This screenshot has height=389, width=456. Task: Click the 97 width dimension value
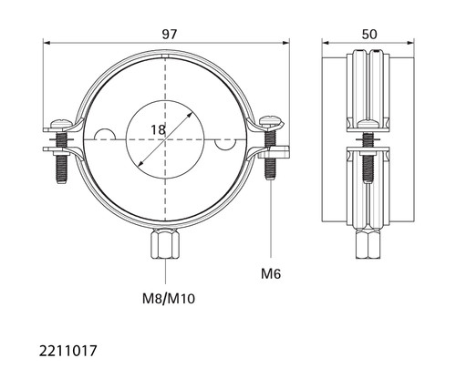click(x=169, y=35)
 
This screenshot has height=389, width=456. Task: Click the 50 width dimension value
click(x=369, y=35)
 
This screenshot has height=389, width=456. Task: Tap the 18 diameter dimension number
click(x=159, y=130)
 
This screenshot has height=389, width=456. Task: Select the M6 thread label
click(x=271, y=274)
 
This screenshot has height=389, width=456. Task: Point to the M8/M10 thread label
click(x=169, y=299)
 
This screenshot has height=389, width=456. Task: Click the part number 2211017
click(x=67, y=351)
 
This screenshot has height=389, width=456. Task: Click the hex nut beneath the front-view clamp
click(x=165, y=243)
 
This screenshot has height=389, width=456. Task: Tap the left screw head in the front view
click(x=62, y=123)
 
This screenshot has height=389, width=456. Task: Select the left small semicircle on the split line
click(x=105, y=134)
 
